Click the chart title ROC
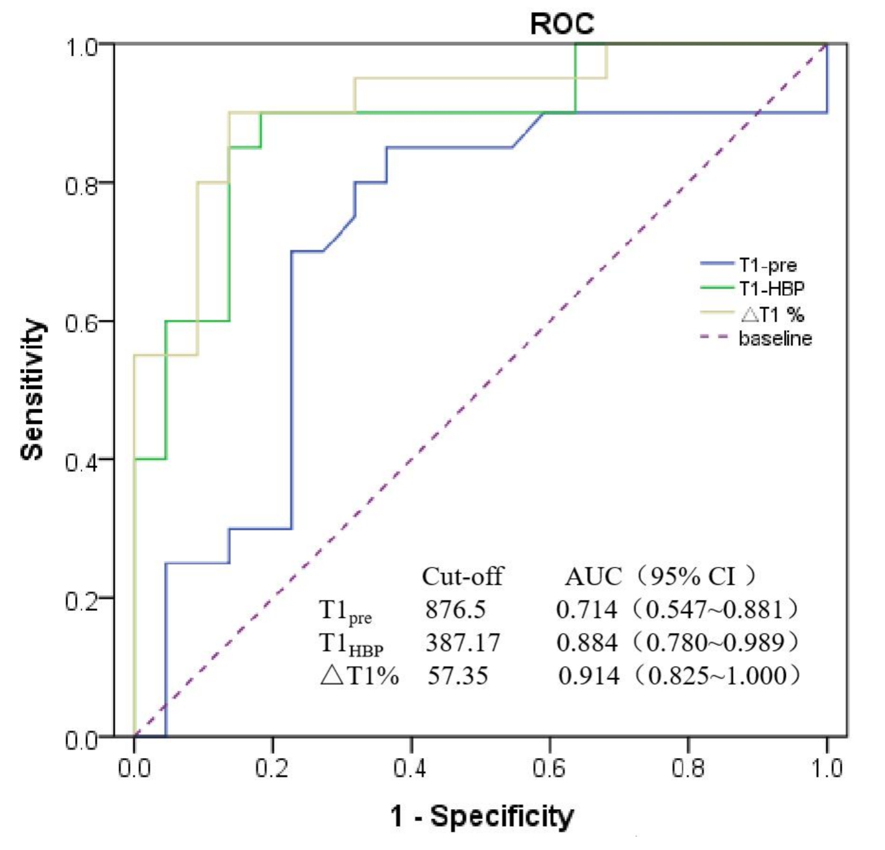click(x=562, y=24)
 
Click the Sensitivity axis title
click(x=32, y=390)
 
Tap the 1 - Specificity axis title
click(x=481, y=816)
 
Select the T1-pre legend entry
click(x=767, y=265)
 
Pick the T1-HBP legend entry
click(x=771, y=289)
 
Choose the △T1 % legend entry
click(x=772, y=314)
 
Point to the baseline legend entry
click(x=775, y=338)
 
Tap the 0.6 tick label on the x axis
click(x=549, y=768)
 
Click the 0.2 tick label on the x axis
click(x=272, y=768)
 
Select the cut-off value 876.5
click(x=455, y=610)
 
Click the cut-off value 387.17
click(x=463, y=643)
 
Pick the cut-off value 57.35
click(x=458, y=676)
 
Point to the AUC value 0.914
click(x=588, y=676)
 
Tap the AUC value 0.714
click(x=587, y=610)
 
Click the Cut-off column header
click(x=462, y=576)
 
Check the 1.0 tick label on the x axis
click(x=827, y=768)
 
